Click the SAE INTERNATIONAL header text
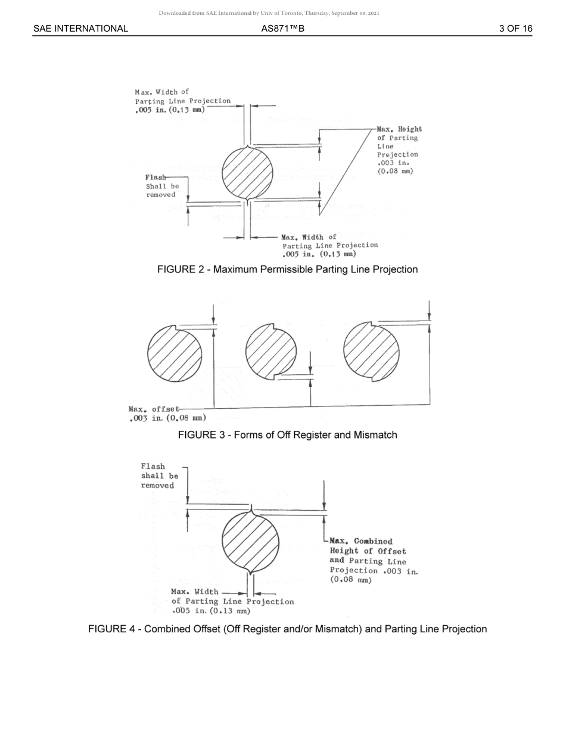point(80,29)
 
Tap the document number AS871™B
point(282,29)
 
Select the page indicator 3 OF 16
point(515,29)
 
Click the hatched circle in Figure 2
point(248,173)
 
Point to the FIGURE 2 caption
point(287,269)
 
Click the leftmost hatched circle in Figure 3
point(175,355)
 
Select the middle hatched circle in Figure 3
point(271,352)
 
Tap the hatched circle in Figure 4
point(250,542)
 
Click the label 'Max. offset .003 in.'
point(167,414)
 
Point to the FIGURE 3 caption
point(287,435)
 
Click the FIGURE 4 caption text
point(287,629)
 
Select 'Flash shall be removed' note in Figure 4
point(159,476)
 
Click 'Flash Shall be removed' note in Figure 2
point(161,186)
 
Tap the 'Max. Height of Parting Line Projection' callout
point(399,150)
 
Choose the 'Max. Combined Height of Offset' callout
point(373,560)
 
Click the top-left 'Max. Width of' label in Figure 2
point(182,101)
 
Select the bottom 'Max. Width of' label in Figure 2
point(329,246)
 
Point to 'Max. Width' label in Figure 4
point(232,601)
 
